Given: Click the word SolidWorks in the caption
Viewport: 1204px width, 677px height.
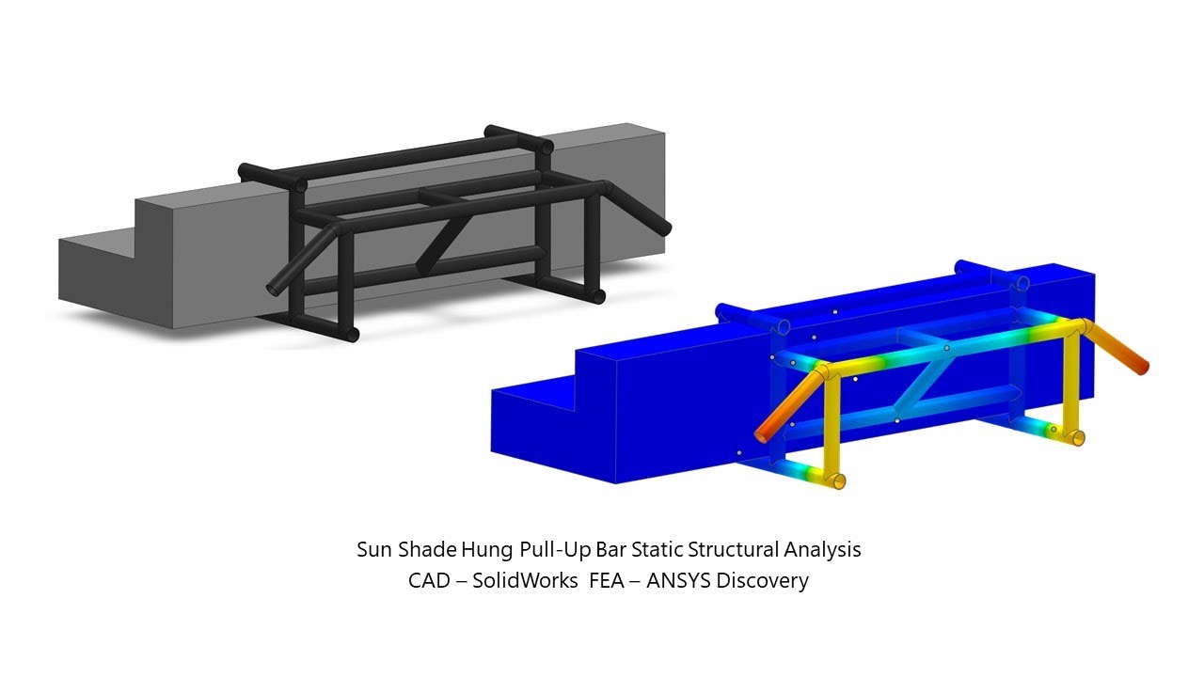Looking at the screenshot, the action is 525,581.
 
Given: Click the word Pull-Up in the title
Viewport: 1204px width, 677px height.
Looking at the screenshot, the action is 555,550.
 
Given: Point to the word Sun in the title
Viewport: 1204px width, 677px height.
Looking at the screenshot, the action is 374,550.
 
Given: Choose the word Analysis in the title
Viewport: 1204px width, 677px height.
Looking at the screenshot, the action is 822,551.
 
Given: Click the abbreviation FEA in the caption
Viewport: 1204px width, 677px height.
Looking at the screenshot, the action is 607,581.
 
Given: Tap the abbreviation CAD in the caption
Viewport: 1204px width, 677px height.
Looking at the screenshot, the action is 429,581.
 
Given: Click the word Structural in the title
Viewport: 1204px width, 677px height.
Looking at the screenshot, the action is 733,550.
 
